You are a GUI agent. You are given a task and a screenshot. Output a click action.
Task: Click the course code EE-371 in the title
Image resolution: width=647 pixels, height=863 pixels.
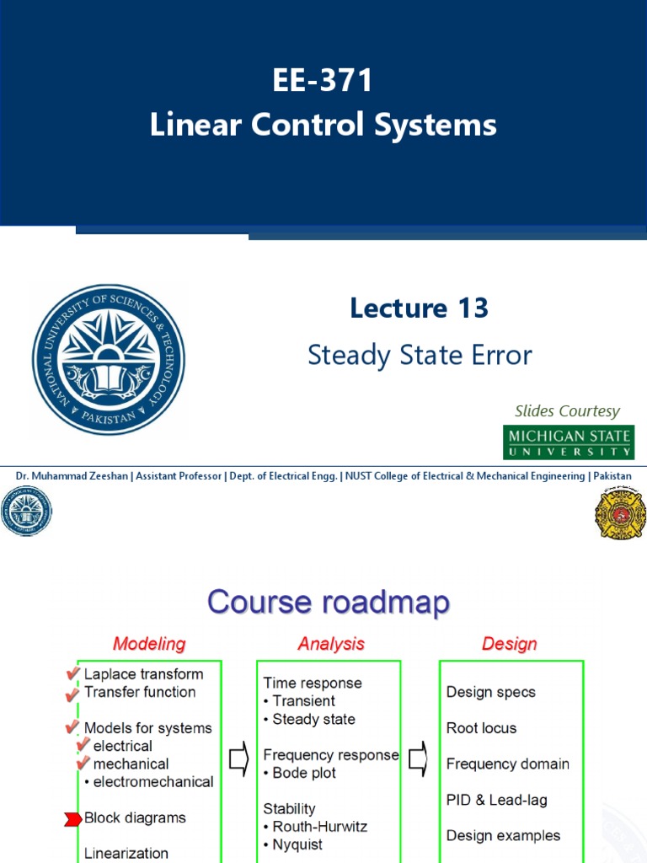click(x=323, y=83)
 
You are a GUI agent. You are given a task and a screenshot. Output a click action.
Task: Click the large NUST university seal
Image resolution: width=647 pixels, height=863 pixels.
click(x=109, y=359)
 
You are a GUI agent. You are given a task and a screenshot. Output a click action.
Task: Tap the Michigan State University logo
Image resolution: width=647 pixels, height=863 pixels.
click(x=569, y=442)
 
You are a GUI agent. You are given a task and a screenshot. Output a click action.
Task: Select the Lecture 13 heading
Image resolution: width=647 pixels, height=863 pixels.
click(x=419, y=308)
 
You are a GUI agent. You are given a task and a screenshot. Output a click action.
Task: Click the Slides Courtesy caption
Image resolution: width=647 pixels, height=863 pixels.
click(x=567, y=411)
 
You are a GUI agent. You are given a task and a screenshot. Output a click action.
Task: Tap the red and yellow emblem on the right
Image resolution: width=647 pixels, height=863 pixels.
click(x=620, y=512)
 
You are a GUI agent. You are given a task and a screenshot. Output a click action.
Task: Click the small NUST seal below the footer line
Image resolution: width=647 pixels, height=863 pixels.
click(x=26, y=512)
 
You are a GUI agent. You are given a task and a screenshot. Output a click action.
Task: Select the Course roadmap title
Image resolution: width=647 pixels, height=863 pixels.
click(x=329, y=603)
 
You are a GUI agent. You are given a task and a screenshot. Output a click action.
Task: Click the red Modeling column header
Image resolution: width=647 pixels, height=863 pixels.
click(x=149, y=644)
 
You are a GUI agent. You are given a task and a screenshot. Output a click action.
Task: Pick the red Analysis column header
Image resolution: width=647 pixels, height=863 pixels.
click(x=331, y=644)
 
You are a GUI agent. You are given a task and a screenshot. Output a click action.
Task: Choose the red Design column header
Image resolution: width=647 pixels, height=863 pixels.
click(x=509, y=644)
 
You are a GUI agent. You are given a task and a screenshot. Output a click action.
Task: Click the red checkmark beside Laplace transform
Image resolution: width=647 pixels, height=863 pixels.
click(x=73, y=673)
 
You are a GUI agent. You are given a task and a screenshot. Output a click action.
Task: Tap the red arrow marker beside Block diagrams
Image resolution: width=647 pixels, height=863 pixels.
click(x=72, y=818)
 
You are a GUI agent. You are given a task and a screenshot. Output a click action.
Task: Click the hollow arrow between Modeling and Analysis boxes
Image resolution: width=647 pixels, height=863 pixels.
click(x=238, y=763)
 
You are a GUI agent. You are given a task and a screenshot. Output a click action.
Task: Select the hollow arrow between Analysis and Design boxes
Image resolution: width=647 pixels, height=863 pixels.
click(x=418, y=763)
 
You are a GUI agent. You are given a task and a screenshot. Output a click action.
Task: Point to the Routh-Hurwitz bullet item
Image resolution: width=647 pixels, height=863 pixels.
click(x=315, y=827)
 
